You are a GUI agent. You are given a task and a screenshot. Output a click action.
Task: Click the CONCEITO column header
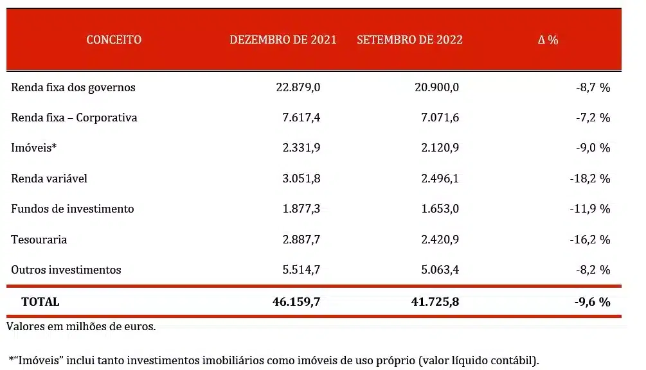coord(114,40)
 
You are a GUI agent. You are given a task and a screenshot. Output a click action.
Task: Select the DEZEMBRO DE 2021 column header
coord(283,40)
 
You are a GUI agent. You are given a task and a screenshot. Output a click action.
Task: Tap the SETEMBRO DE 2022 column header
coord(409,40)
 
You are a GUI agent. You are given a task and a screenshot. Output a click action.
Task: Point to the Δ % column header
coord(548,40)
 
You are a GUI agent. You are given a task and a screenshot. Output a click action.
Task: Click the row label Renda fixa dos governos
coord(73,87)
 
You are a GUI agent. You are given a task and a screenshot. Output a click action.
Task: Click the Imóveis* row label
coord(34,148)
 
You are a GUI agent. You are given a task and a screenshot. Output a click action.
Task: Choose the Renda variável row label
coord(49,179)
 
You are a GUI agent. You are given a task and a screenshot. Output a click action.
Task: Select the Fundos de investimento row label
coord(73,209)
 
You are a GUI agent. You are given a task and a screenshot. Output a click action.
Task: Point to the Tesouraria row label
coord(39,240)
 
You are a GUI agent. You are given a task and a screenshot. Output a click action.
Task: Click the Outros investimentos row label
coord(66,270)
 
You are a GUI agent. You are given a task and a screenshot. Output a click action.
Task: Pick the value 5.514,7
coord(301,270)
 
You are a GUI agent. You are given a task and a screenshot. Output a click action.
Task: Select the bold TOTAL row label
coord(40,301)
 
